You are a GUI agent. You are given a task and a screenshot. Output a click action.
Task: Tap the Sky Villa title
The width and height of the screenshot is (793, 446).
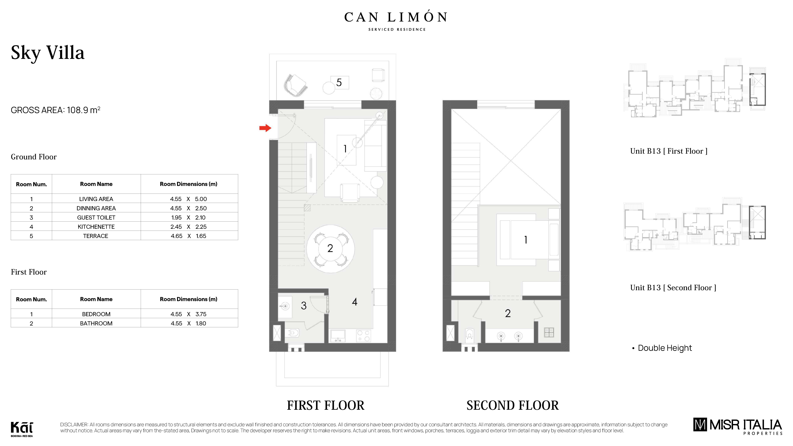[48, 53]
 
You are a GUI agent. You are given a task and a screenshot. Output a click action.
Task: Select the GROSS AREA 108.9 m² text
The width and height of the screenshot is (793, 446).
[55, 110]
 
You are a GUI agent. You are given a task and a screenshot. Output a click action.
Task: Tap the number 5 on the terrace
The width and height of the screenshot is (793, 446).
[339, 82]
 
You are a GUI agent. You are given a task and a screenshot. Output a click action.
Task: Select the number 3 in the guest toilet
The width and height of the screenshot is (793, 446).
[304, 306]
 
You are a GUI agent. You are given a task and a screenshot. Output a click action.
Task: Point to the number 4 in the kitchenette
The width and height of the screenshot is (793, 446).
[355, 302]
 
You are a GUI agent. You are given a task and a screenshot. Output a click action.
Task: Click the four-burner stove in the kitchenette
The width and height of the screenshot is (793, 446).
[364, 336]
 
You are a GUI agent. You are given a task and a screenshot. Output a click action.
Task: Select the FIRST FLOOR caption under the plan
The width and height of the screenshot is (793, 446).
[325, 405]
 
